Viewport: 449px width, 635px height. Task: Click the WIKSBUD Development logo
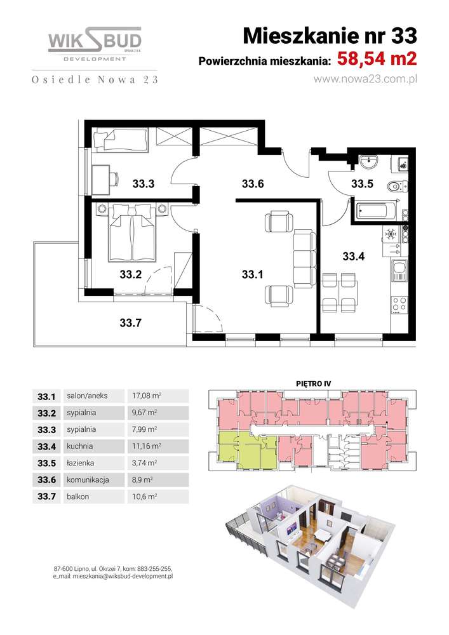tap(95, 44)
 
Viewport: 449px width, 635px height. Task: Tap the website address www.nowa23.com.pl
tap(365, 79)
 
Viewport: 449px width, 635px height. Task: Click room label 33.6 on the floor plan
tap(253, 184)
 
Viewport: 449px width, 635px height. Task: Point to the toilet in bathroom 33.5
tap(397, 187)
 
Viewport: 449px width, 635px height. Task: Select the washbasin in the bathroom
tap(369, 161)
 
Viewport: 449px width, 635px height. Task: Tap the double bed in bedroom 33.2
tap(132, 231)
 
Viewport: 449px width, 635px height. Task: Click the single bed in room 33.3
tap(120, 139)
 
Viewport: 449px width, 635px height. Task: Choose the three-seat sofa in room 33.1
tap(304, 258)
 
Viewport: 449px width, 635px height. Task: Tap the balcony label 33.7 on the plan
tap(130, 323)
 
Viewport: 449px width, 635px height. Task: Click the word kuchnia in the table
tap(80, 446)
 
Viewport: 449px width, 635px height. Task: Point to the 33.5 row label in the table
tap(46, 463)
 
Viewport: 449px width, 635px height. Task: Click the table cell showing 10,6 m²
tap(145, 497)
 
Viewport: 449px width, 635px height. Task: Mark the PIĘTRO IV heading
tap(313, 384)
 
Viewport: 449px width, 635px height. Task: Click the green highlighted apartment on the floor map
tap(246, 449)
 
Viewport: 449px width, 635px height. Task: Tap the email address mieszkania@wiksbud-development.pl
tap(123, 576)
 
